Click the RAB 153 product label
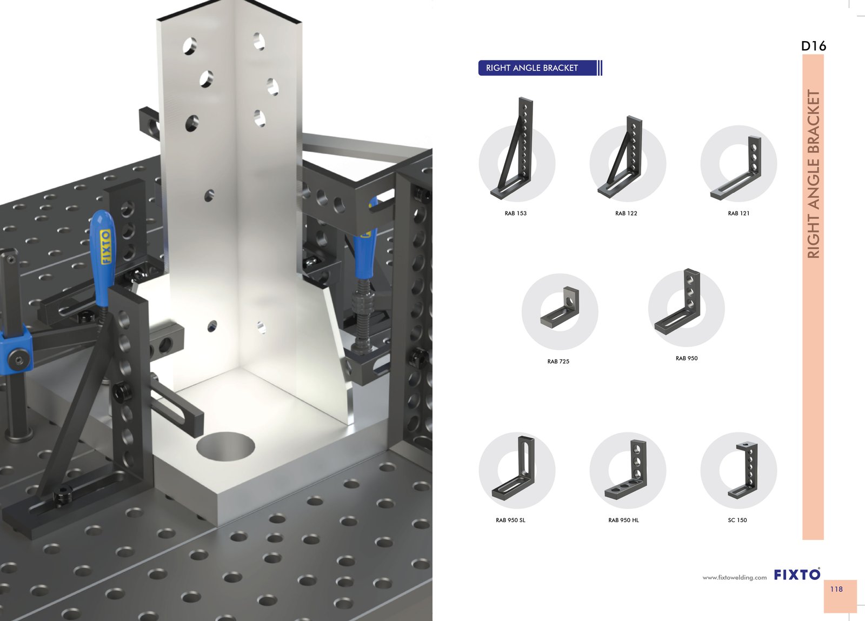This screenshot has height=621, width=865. click(x=516, y=213)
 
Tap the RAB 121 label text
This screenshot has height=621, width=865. click(x=738, y=213)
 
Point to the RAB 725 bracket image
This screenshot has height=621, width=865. click(x=559, y=308)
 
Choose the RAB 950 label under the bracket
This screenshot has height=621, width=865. click(x=687, y=358)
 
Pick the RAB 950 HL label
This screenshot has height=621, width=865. click(x=624, y=520)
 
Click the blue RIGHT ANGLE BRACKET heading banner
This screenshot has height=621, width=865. click(x=540, y=68)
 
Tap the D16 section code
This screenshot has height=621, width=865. click(x=814, y=46)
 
